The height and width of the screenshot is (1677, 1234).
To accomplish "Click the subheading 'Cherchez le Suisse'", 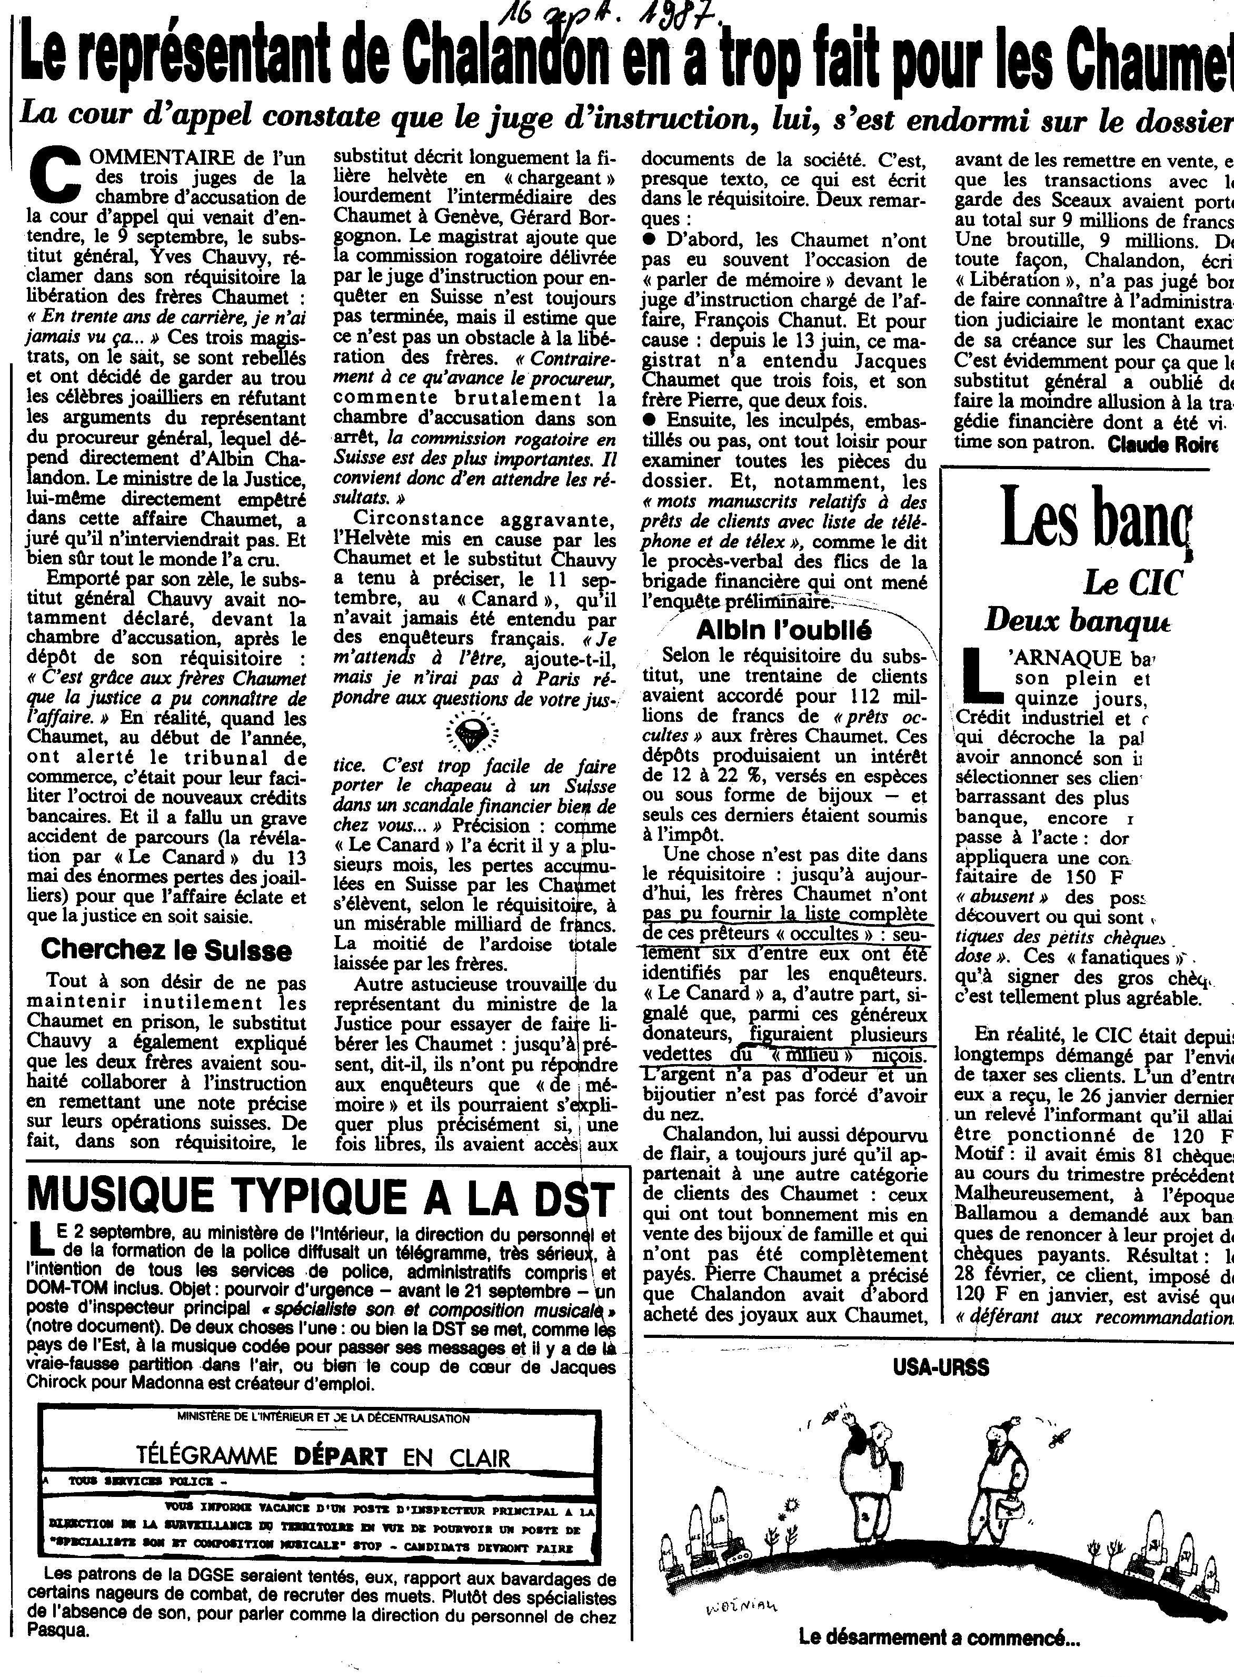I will tap(166, 949).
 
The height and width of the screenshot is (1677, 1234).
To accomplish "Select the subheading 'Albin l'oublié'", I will tap(783, 630).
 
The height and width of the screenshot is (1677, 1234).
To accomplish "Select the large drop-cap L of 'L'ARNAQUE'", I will tap(980, 676).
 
